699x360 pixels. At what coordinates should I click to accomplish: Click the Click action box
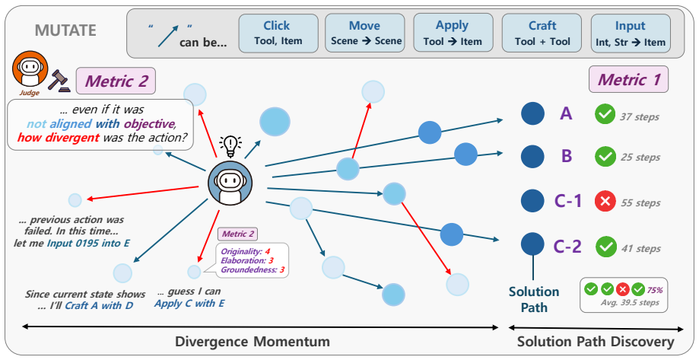(x=278, y=33)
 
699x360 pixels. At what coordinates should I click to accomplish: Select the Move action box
(x=364, y=33)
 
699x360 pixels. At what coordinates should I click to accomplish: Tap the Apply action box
(x=453, y=33)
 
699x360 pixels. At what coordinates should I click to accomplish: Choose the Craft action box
(x=542, y=33)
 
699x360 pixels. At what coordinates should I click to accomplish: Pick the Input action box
(x=631, y=33)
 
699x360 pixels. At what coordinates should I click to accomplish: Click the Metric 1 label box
(x=628, y=79)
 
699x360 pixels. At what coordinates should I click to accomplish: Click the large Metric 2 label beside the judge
(x=116, y=81)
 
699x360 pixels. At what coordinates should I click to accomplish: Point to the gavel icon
(x=59, y=81)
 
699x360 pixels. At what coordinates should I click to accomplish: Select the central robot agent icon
(x=230, y=183)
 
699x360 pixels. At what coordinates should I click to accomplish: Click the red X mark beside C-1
(x=605, y=202)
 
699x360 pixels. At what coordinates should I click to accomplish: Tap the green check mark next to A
(x=605, y=115)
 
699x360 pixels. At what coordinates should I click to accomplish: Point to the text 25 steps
(x=640, y=158)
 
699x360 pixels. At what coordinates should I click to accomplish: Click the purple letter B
(x=566, y=156)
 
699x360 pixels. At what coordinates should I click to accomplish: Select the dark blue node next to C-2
(x=532, y=244)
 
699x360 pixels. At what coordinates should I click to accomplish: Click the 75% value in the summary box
(x=655, y=290)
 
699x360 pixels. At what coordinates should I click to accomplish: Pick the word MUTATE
(x=65, y=30)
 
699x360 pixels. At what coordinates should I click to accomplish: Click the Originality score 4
(x=267, y=252)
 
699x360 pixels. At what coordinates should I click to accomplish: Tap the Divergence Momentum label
(x=253, y=342)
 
